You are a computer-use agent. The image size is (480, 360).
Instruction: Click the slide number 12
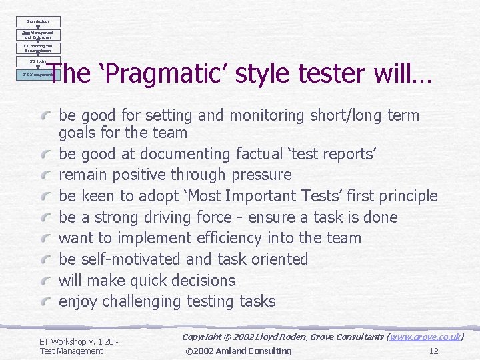click(433, 351)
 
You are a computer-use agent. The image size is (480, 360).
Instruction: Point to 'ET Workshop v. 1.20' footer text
click(77, 341)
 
